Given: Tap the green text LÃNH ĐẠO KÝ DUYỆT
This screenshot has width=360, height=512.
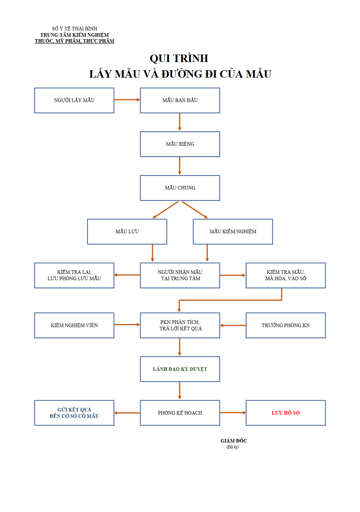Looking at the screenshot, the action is (x=180, y=369).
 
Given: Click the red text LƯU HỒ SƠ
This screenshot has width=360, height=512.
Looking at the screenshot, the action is (x=286, y=412).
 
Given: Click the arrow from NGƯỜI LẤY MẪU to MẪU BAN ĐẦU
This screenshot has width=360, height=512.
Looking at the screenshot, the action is (x=127, y=100).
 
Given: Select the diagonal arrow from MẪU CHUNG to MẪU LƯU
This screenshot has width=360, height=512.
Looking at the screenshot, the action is (x=165, y=210).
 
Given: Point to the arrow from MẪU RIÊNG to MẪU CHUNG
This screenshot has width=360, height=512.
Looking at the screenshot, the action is (x=180, y=166).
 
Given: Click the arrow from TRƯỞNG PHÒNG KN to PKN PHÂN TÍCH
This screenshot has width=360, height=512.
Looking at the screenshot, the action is (x=233, y=325).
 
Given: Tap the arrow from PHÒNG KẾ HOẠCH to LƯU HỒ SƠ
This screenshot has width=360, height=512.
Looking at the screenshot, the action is (x=233, y=412).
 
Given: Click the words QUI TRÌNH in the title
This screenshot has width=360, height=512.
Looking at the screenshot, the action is (x=179, y=58).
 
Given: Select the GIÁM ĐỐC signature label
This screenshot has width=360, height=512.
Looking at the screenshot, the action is (x=234, y=440).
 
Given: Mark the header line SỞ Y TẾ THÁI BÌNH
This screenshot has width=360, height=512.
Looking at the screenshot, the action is (x=74, y=29).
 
